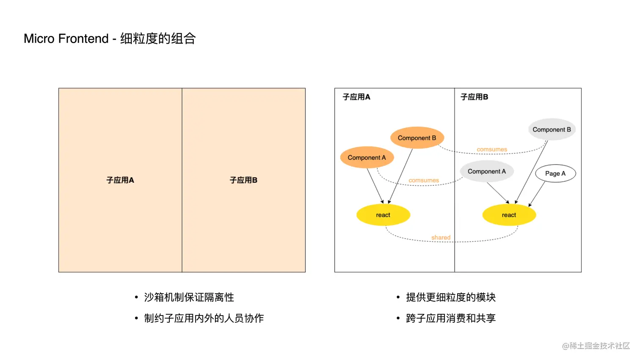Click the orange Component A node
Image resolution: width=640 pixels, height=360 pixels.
point(367,157)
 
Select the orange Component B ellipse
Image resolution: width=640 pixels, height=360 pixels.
point(417,138)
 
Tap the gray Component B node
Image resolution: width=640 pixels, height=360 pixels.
point(552,129)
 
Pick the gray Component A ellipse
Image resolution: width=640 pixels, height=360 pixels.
point(487,171)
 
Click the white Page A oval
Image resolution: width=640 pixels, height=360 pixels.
point(555,173)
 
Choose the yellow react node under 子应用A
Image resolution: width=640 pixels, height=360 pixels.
point(383,215)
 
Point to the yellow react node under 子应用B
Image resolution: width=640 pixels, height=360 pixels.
point(509,215)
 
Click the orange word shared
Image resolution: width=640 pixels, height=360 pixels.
point(441,237)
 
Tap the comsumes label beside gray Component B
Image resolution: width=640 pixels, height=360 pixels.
point(491,149)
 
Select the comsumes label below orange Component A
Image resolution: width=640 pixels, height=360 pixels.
point(423,180)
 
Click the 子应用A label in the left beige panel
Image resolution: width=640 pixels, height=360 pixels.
point(120,180)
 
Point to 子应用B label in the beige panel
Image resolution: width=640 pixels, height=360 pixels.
point(243,180)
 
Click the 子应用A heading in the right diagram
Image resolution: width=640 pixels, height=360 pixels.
point(356,97)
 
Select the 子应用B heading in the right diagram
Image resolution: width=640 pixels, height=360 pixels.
point(474,97)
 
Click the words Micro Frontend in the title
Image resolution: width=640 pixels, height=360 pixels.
point(66,38)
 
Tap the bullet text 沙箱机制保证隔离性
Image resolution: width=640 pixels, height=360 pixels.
point(189,297)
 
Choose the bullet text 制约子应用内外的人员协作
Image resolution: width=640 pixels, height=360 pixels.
point(204,318)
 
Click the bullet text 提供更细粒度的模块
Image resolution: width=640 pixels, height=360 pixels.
point(450,297)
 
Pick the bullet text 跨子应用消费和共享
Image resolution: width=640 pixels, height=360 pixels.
point(450,318)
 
